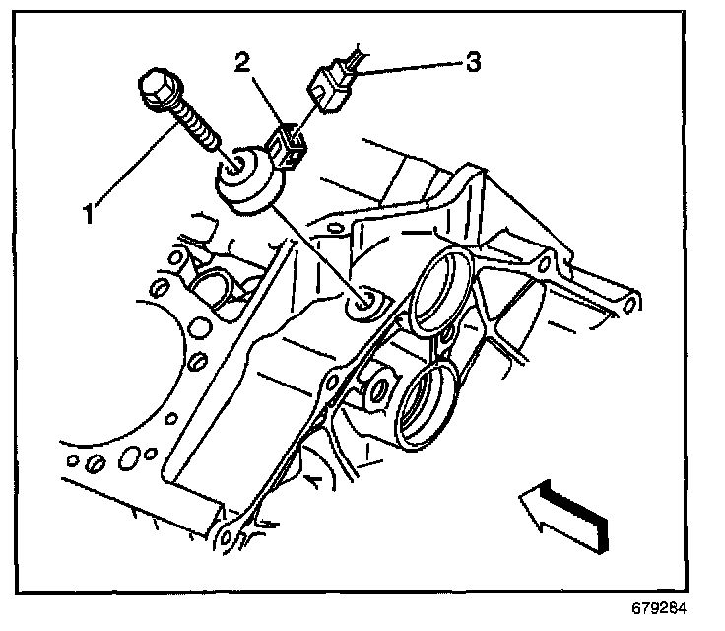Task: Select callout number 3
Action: (x=473, y=63)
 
